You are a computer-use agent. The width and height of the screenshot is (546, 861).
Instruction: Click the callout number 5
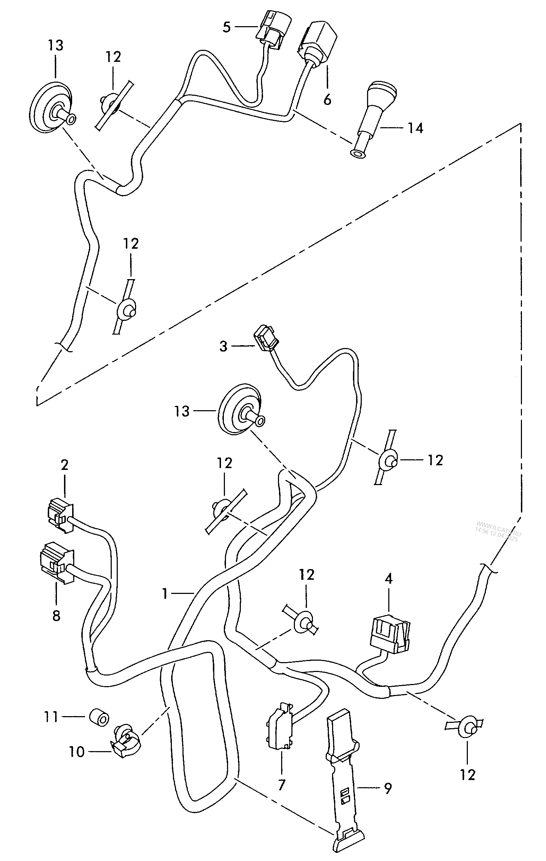click(x=226, y=27)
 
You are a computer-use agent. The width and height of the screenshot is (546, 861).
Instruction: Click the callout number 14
click(x=416, y=128)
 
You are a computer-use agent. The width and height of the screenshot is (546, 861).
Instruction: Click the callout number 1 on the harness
click(x=164, y=594)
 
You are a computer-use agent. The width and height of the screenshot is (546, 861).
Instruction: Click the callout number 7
click(x=281, y=785)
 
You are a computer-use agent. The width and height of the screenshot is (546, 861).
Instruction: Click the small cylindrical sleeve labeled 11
click(x=98, y=717)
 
